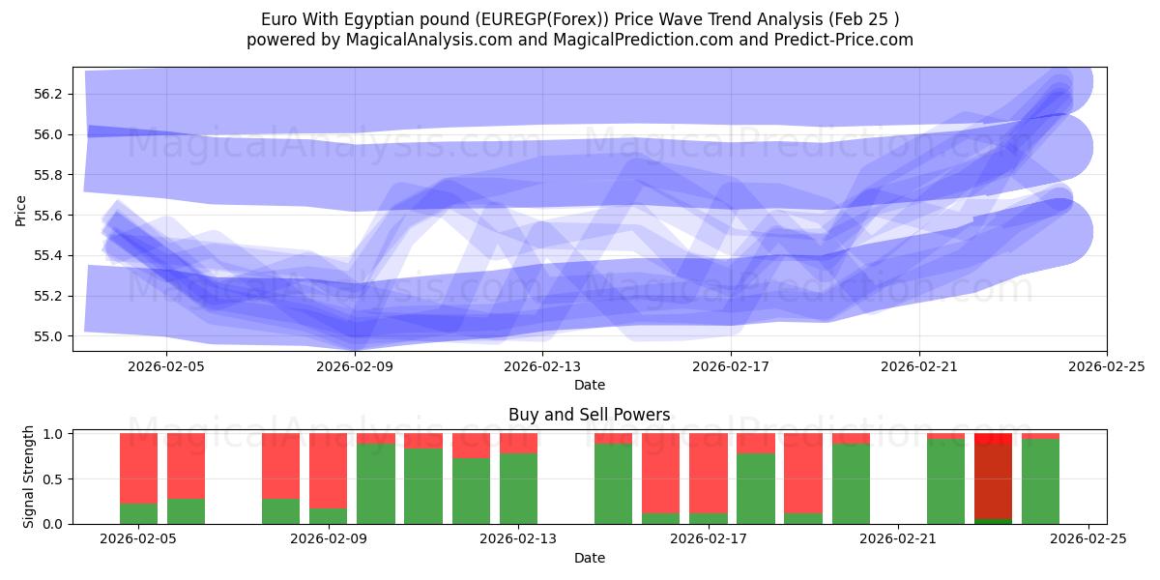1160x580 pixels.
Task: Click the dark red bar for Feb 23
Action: tap(993, 481)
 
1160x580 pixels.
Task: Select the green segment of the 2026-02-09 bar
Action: tap(329, 516)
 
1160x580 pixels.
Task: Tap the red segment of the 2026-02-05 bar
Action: tap(138, 468)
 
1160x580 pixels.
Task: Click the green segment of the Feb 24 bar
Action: tap(1040, 481)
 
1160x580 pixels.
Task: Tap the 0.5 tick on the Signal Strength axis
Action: tap(54, 478)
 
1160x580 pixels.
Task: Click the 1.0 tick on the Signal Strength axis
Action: tap(54, 434)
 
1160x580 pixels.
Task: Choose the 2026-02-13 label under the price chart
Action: tap(543, 366)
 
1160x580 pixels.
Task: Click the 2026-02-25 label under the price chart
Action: tap(1106, 366)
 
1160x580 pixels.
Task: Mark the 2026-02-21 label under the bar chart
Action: tap(899, 539)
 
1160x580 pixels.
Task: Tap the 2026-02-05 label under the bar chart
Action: tap(139, 539)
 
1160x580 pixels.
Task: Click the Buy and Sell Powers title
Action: tap(589, 415)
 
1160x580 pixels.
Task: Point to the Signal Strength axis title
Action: tap(29, 477)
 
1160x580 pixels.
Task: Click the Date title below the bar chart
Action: tap(589, 558)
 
